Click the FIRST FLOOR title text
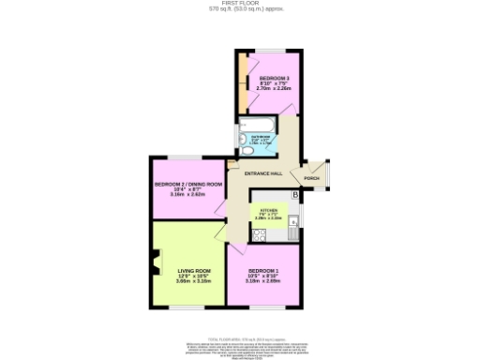(240, 4)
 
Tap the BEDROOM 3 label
(275, 77)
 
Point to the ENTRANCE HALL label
(262, 174)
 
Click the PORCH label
(311, 178)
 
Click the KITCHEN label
(269, 209)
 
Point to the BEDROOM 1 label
(263, 271)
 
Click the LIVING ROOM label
(194, 271)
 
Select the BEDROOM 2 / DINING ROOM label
(188, 184)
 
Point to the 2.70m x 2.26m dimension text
(275, 88)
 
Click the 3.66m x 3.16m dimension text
(194, 282)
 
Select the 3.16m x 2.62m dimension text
(187, 195)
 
